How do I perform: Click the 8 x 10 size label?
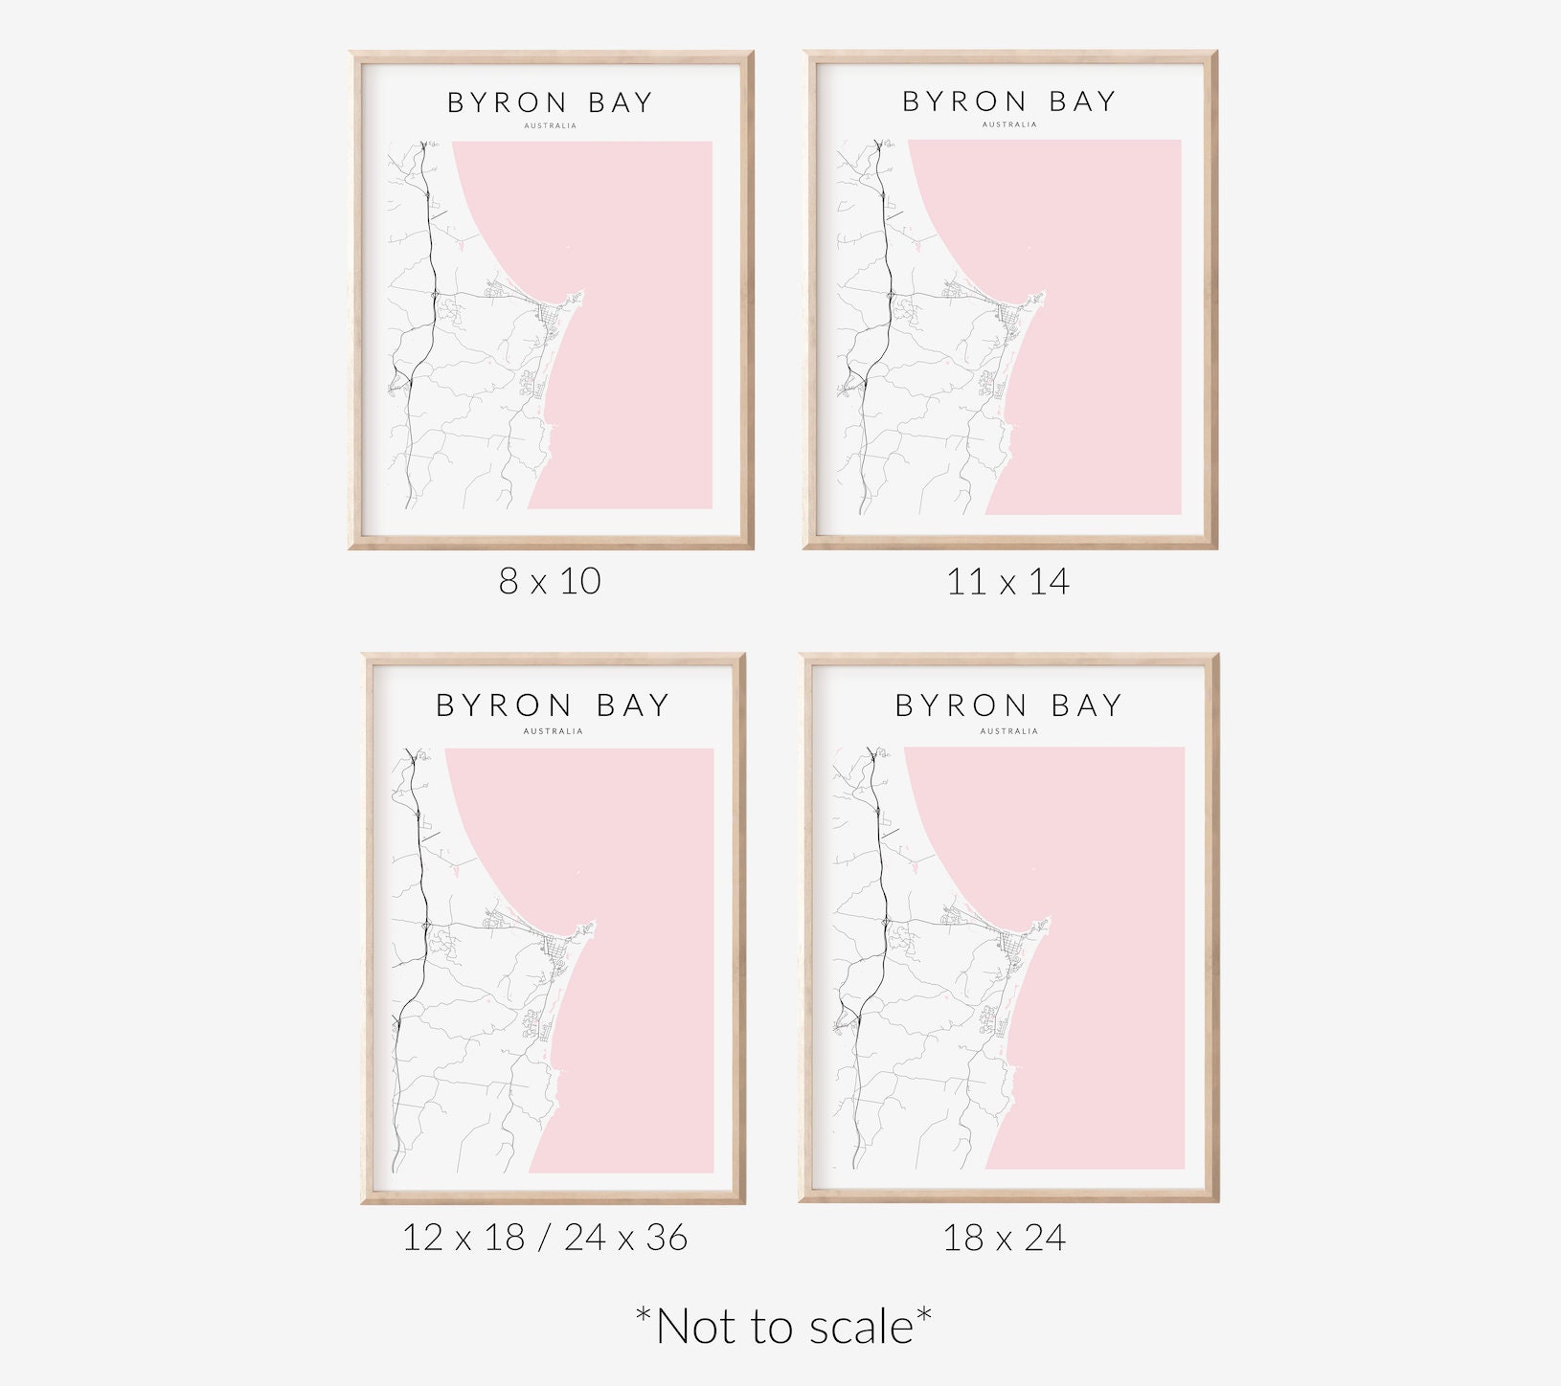(x=550, y=581)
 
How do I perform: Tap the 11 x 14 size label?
(x=1007, y=581)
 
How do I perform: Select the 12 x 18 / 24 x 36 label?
(x=544, y=1238)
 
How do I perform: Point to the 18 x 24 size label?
(x=1004, y=1238)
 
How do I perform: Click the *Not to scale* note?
(x=783, y=1327)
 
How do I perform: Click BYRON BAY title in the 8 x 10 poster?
(x=550, y=102)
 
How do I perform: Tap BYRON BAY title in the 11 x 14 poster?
(x=1009, y=101)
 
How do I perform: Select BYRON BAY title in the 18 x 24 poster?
(x=1008, y=705)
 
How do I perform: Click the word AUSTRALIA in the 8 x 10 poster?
(x=551, y=125)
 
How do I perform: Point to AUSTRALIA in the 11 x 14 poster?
(x=1009, y=124)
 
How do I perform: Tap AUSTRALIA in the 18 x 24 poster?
(x=1008, y=731)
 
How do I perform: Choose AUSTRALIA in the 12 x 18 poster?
(x=553, y=731)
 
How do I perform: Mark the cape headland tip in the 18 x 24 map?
(x=1048, y=922)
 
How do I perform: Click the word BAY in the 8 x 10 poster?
(x=620, y=102)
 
